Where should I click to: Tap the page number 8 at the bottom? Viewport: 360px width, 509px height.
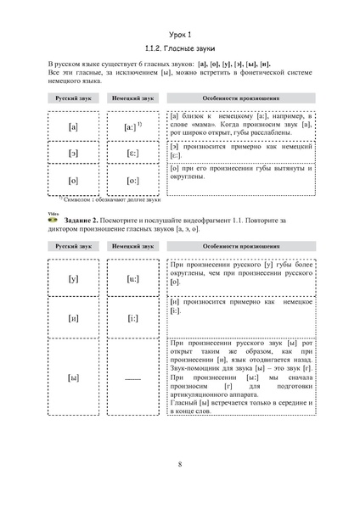click(180, 462)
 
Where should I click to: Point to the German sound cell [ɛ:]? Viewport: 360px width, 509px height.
click(132, 154)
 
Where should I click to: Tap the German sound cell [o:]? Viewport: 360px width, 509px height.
click(132, 181)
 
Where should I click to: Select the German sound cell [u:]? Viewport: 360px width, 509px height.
click(132, 277)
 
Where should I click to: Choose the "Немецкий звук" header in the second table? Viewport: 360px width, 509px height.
click(132, 245)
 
